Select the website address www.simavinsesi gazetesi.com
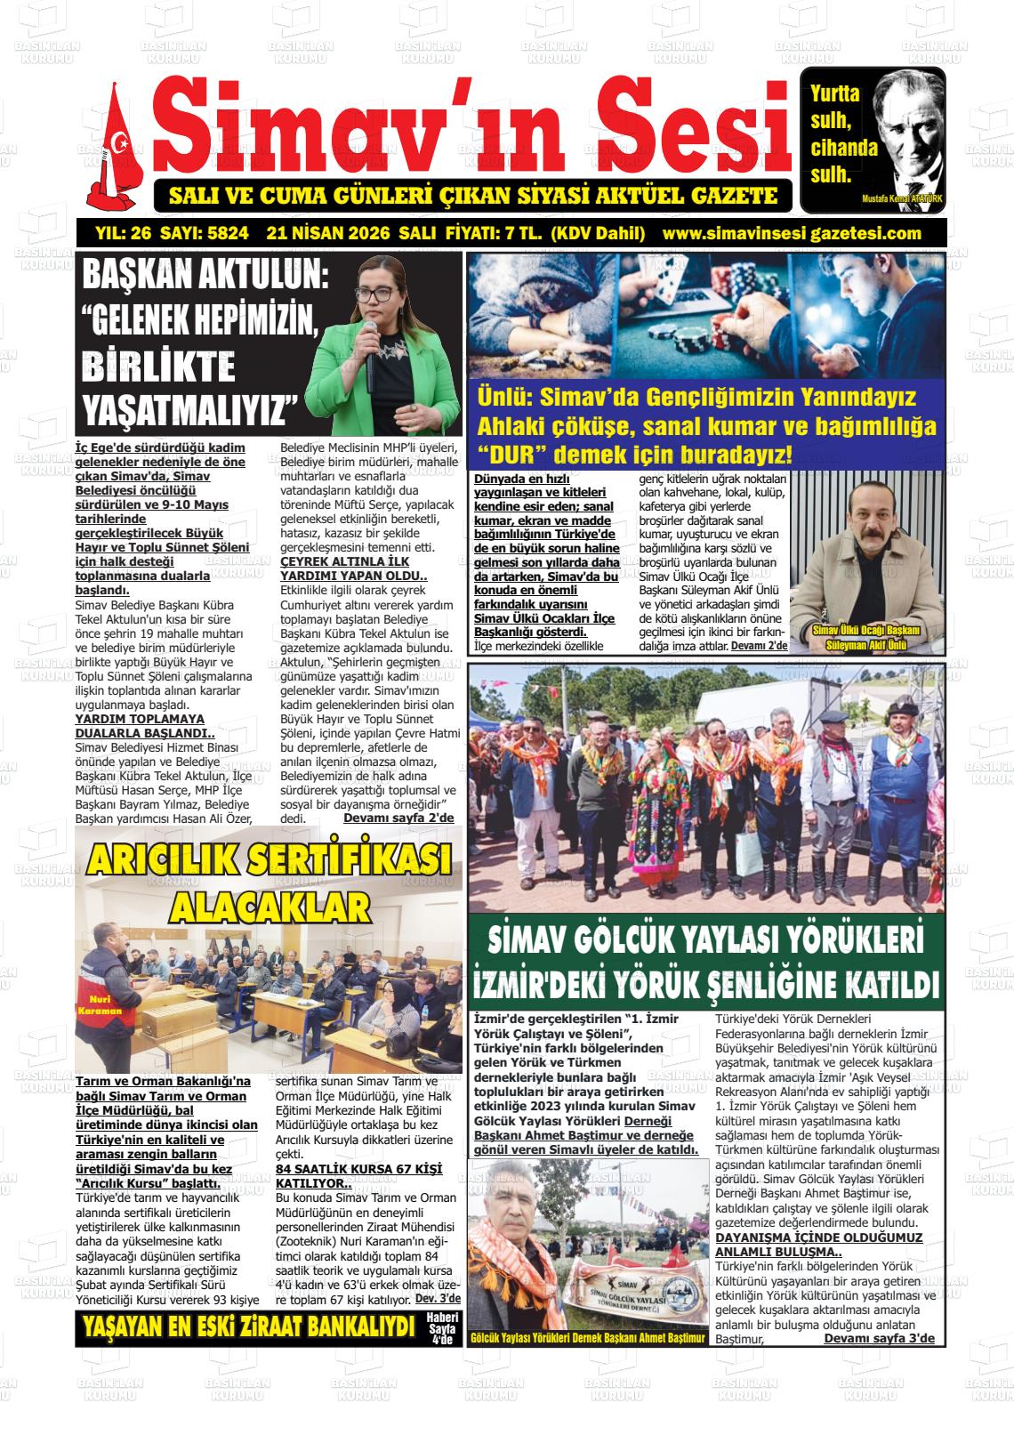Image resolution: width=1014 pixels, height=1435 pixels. point(792,234)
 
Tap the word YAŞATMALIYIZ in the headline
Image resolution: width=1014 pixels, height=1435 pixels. point(189,410)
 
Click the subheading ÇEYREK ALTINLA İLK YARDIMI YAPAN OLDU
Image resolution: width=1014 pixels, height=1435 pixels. point(353,568)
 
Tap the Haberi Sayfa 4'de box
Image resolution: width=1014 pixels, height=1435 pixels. point(442,1328)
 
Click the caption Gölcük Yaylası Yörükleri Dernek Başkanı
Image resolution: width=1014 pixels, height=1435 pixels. point(587,1337)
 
